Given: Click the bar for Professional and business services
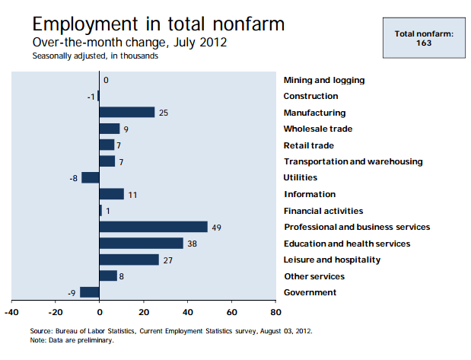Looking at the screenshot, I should [153, 227].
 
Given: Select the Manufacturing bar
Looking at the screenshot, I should [127, 113].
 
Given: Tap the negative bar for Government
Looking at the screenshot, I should [90, 292].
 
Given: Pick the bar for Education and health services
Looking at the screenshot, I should [142, 244].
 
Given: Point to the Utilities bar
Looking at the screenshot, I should [91, 178].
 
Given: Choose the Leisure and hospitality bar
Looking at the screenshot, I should [129, 260].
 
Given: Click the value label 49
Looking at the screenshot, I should [216, 227].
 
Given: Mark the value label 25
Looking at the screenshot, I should [163, 113].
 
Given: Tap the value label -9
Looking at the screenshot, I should [71, 292].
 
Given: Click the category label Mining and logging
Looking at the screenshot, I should [324, 80].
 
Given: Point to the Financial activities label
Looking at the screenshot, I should [323, 211].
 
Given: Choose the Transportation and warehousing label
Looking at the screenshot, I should [353, 161].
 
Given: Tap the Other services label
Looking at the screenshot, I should [314, 276].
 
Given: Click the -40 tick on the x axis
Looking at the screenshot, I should [11, 311].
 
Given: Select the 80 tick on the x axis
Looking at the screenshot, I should [276, 311].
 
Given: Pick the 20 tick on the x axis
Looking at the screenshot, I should [144, 311].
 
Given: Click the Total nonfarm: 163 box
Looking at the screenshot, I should [424, 38].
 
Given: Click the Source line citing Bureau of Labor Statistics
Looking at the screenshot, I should [171, 331].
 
